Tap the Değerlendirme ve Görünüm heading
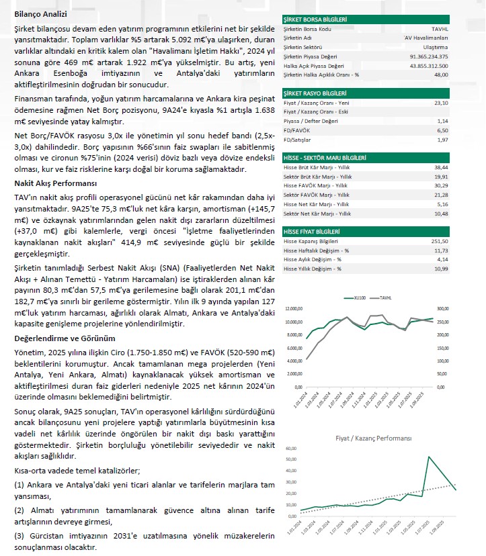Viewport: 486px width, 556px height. pos(65,338)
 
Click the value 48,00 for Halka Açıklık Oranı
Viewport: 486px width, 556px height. pos(441,75)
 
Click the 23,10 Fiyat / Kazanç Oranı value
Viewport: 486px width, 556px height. pos(441,103)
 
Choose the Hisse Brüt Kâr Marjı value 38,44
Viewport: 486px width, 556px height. pos(441,167)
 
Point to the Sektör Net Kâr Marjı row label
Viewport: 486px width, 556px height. pos(317,213)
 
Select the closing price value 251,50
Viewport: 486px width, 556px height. pos(440,241)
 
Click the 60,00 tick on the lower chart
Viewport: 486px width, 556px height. pos(291,448)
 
